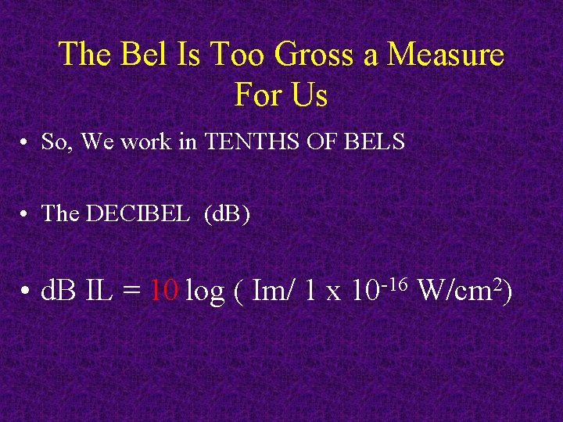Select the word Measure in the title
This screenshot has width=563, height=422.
tap(446, 55)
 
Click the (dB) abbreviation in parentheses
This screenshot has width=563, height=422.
tap(227, 213)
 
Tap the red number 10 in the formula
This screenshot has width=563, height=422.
tap(165, 291)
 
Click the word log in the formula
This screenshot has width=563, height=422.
tap(205, 292)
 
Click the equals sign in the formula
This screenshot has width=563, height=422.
tap(131, 292)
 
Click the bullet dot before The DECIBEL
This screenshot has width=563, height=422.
tap(26, 214)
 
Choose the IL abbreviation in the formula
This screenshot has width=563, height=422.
tap(98, 291)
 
